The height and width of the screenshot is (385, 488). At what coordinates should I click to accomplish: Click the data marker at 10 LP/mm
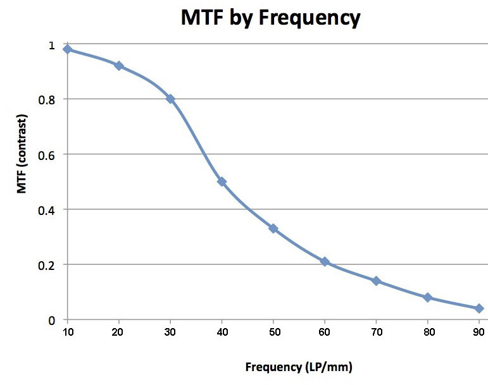click(67, 49)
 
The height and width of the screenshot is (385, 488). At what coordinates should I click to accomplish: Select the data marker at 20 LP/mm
click(118, 66)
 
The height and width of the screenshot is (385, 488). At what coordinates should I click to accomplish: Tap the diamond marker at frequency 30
click(170, 99)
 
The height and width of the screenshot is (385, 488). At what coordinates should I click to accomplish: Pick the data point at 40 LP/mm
click(222, 181)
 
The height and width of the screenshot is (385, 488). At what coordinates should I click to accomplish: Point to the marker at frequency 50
click(273, 228)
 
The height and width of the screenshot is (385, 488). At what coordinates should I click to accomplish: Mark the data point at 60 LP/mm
click(325, 261)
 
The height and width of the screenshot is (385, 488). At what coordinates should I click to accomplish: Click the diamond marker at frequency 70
click(376, 281)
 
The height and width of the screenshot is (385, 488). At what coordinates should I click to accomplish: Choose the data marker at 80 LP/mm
click(428, 297)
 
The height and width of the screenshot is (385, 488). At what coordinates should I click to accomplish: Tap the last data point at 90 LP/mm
click(479, 309)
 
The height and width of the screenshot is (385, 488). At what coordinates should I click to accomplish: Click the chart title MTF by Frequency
click(270, 18)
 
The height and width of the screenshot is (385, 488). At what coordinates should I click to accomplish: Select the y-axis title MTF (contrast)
click(23, 154)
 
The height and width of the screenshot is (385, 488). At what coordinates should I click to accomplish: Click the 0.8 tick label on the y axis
click(50, 99)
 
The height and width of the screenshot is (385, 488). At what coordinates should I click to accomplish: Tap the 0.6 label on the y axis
click(50, 154)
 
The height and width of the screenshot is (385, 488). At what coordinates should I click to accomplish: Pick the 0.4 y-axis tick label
click(50, 209)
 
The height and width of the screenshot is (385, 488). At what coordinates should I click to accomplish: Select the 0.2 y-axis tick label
click(50, 264)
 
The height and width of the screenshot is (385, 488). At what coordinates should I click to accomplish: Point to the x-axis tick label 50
click(273, 331)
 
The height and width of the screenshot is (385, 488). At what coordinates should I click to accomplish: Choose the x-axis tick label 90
click(479, 331)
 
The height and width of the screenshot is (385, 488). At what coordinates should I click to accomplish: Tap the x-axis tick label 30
click(170, 331)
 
